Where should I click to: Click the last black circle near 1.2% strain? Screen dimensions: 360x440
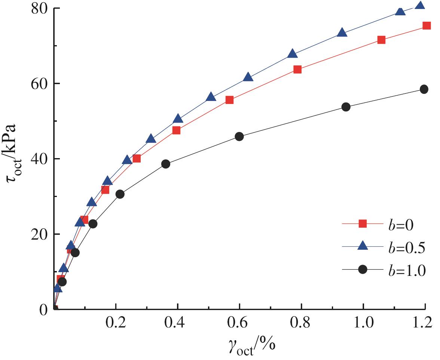click(424, 89)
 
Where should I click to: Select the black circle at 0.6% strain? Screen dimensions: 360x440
click(239, 136)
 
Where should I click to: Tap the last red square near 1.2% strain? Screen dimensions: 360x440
click(427, 25)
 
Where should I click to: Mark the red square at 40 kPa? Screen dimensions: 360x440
click(137, 159)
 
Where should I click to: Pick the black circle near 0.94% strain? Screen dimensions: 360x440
click(346, 107)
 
